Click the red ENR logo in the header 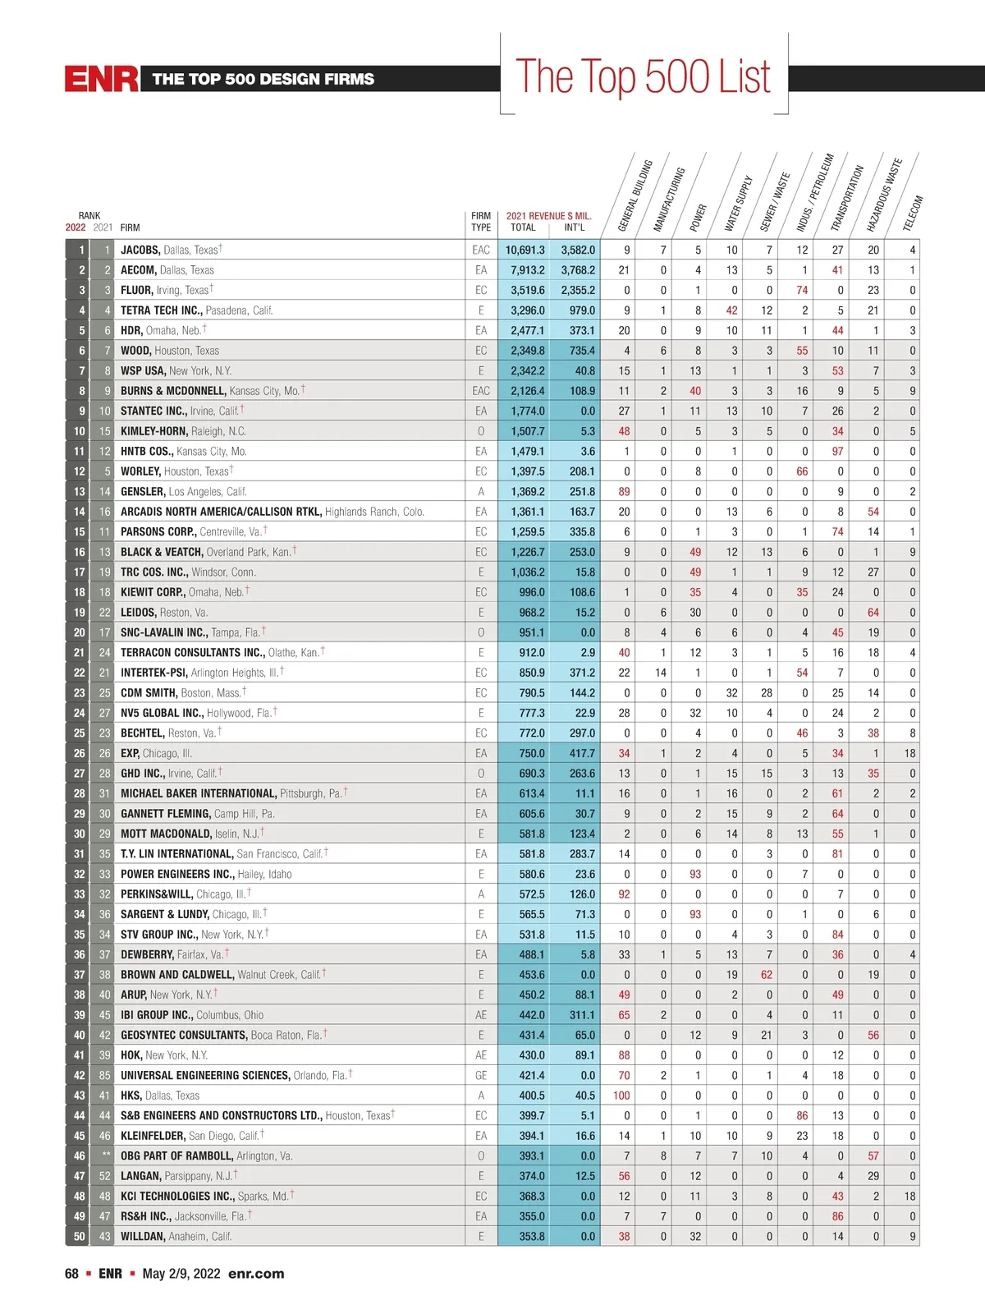click(x=102, y=79)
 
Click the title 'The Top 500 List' click(x=643, y=76)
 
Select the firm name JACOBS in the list click(x=140, y=250)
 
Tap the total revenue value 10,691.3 click(x=525, y=250)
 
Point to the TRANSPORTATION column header click(x=847, y=198)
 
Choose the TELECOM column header click(x=913, y=212)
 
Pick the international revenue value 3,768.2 click(x=578, y=270)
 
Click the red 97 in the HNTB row click(x=837, y=451)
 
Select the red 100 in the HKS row click(x=621, y=1096)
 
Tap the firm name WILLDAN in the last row click(x=143, y=1236)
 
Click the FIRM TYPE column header click(x=481, y=222)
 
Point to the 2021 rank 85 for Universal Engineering click(x=104, y=1075)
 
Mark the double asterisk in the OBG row click(x=106, y=1155)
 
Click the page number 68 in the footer click(x=72, y=1274)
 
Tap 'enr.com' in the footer click(x=256, y=1274)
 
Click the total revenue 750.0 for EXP click(x=531, y=753)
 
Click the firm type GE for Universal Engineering click(x=481, y=1075)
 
